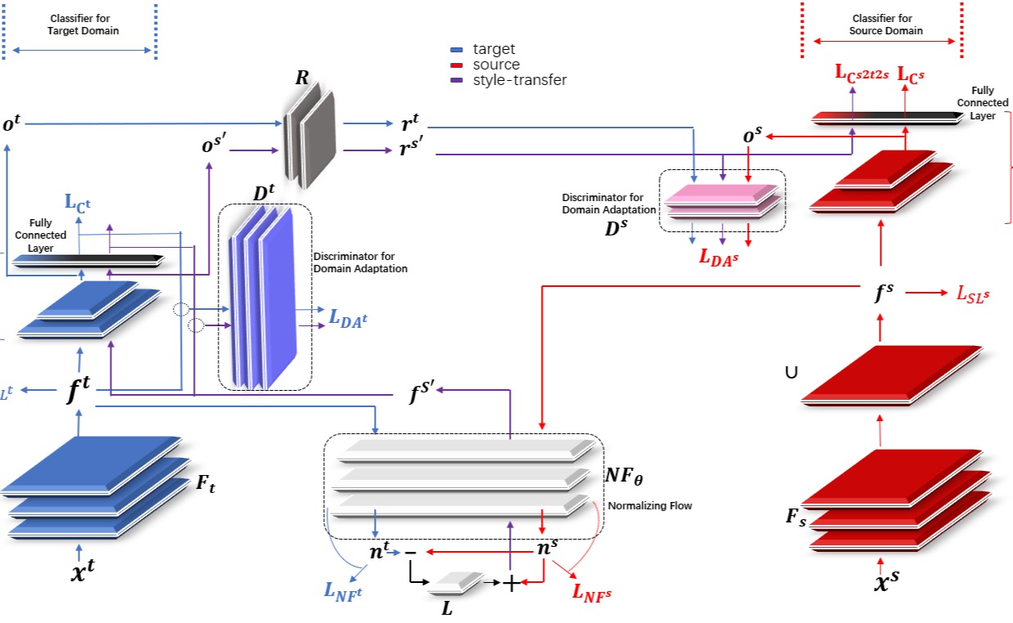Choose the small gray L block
coord(454,582)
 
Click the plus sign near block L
coord(510,583)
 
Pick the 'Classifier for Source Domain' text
coord(887,25)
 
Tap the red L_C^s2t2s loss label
coord(862,73)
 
